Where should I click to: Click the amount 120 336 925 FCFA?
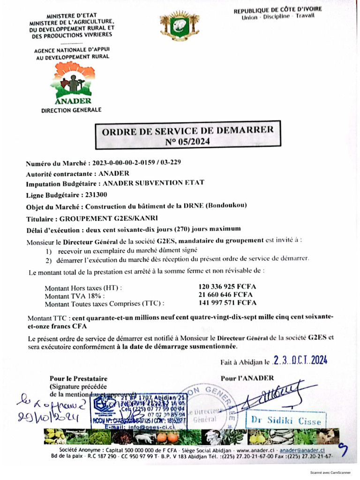227,286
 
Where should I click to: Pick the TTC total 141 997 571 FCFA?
227,303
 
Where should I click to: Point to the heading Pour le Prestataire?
79,378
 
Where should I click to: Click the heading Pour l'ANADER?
247,378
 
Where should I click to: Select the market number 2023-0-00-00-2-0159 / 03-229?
136,163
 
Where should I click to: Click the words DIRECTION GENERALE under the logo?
71,110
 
